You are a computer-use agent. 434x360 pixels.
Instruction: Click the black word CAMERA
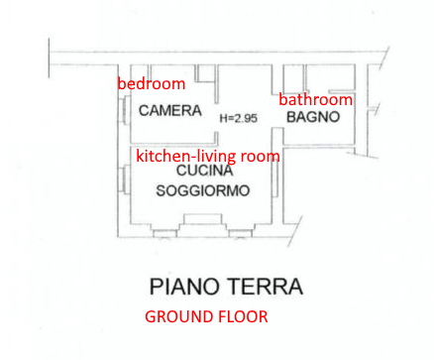click(170, 110)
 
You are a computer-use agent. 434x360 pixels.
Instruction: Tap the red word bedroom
click(152, 83)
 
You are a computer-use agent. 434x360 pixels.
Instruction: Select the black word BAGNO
click(313, 117)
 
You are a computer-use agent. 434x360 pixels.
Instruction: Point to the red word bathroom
click(316, 99)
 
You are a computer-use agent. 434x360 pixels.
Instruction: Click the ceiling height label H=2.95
click(239, 118)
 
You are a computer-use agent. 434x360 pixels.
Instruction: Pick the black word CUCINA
click(205, 171)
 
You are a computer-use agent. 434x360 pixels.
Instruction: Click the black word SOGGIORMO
click(203, 191)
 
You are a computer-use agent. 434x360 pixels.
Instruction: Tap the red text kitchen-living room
click(208, 156)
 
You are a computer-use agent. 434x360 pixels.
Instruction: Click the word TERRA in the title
click(266, 287)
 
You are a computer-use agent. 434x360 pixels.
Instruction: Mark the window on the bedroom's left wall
click(125, 110)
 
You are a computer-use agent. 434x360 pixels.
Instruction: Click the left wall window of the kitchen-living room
click(125, 180)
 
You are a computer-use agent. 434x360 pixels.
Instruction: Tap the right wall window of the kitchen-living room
click(275, 180)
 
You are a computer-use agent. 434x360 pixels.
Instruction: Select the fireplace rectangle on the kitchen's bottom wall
click(202, 219)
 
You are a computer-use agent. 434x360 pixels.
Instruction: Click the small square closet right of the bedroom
click(206, 73)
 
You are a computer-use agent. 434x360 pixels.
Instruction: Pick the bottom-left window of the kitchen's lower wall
click(165, 234)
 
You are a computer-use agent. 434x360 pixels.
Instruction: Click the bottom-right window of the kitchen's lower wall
click(241, 234)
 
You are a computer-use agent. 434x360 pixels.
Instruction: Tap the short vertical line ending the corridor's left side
click(50, 59)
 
